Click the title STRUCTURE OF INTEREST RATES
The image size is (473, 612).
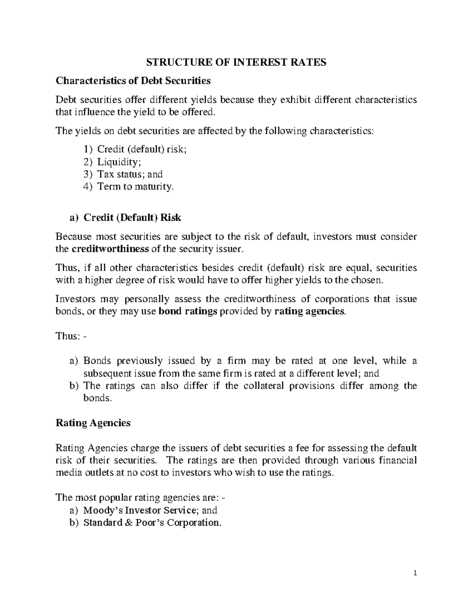pyautogui.click(x=236, y=62)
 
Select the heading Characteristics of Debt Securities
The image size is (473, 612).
pyautogui.click(x=133, y=81)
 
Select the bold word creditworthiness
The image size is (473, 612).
pyautogui.click(x=110, y=249)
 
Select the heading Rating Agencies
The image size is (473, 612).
pyautogui.click(x=93, y=423)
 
